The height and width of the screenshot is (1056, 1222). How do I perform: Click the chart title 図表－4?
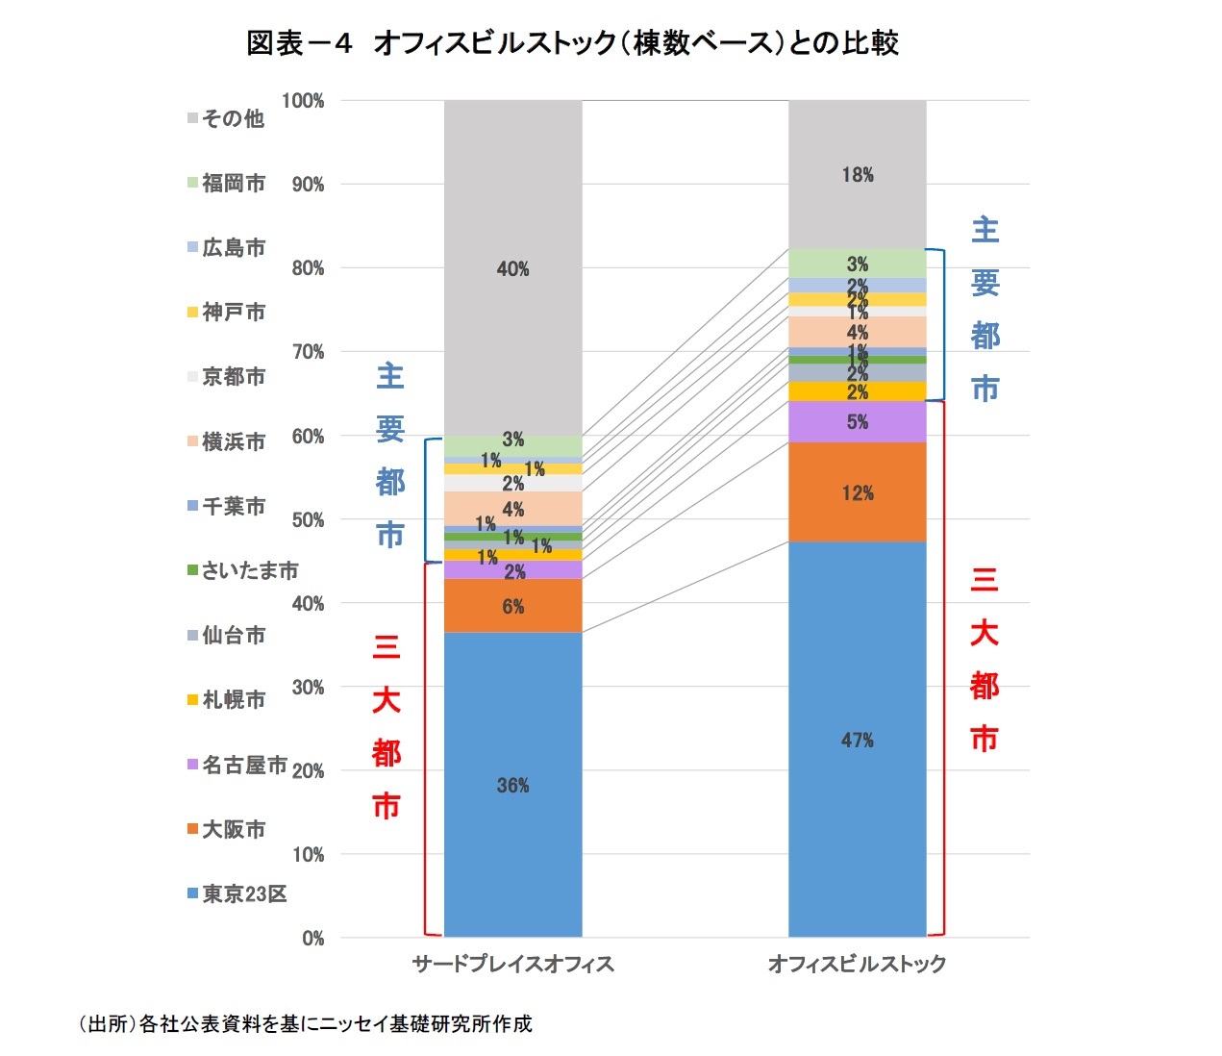point(572,43)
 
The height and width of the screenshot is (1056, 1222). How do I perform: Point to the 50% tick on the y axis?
point(308,520)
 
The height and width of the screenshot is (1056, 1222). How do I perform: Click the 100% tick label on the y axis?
point(303,101)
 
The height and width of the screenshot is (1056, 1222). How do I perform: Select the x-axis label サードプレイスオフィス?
point(512,964)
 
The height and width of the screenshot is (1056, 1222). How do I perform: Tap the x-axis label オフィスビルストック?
point(857,964)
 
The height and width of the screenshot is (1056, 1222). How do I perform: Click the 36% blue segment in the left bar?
point(512,784)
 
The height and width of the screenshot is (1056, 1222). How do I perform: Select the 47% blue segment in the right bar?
point(857,739)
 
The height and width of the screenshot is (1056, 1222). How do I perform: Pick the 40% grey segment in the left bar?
point(512,268)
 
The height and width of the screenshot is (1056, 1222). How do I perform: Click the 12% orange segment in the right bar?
point(857,492)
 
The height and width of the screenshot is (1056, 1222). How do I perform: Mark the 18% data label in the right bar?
point(857,174)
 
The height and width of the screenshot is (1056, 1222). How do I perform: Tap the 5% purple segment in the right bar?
point(857,421)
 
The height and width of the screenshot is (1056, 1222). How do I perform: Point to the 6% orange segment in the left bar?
point(512,606)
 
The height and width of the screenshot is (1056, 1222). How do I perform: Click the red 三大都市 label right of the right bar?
point(984,659)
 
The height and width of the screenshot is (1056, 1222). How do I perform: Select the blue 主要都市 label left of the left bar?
point(389,455)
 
